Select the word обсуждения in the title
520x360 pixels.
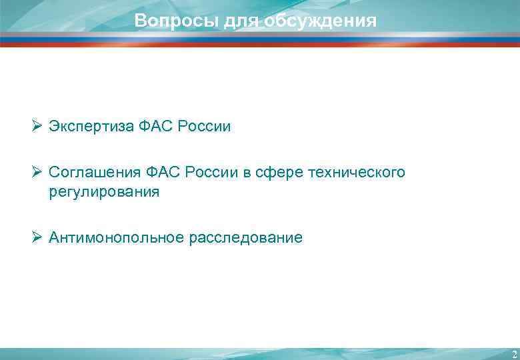tap(320, 21)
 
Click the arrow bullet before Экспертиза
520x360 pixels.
tap(37, 126)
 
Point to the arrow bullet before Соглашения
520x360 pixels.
tap(37, 173)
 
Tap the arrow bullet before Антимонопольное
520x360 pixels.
tap(37, 237)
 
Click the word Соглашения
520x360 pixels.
tap(92, 173)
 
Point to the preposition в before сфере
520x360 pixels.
tap(247, 173)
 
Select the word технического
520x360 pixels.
tap(356, 173)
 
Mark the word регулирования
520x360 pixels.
tap(104, 192)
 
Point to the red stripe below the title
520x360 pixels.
tap(260, 45)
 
